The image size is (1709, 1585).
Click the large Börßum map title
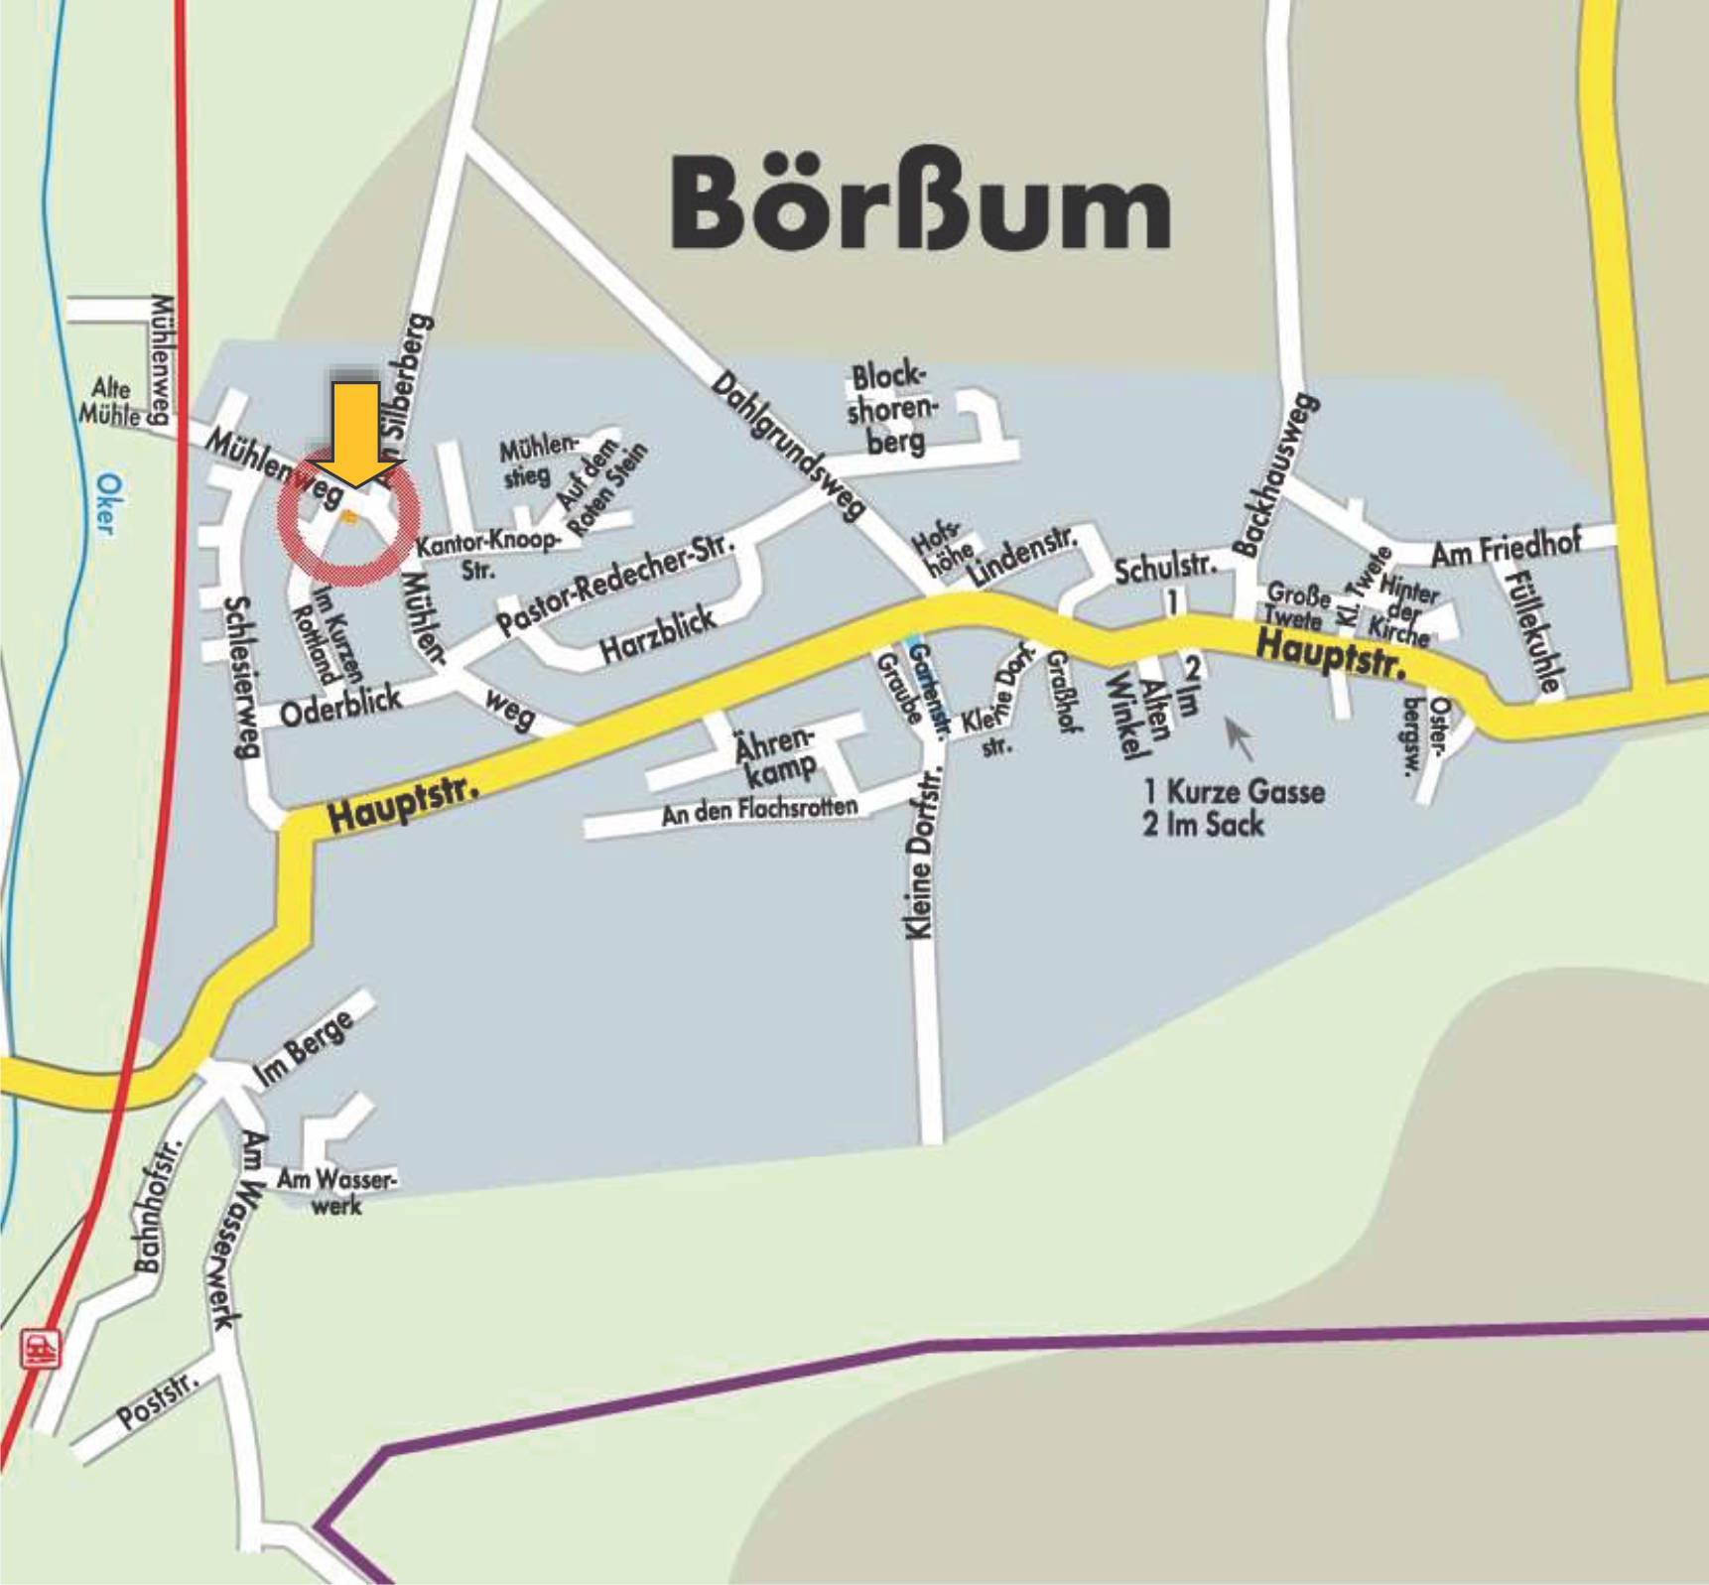click(x=920, y=202)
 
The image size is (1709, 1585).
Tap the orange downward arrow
click(x=354, y=434)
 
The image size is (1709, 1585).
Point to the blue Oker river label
click(x=109, y=503)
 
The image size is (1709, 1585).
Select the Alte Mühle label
click(x=110, y=401)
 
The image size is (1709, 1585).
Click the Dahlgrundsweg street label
click(x=788, y=446)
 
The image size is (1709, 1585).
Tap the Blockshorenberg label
click(x=890, y=409)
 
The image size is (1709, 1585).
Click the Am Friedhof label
click(x=1505, y=549)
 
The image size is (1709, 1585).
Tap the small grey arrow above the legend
click(x=1238, y=737)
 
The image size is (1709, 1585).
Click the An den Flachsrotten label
click(x=759, y=811)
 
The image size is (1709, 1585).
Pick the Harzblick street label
click(x=658, y=636)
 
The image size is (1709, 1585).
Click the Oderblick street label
click(x=340, y=706)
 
